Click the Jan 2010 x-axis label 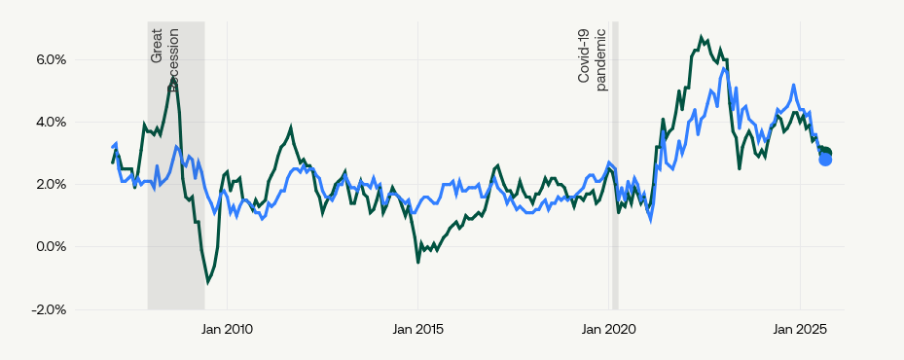click(x=226, y=330)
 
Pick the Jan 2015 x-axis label click(x=417, y=330)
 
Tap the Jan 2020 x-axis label click(x=609, y=330)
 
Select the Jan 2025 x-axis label click(x=800, y=330)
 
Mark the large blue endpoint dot click(x=825, y=159)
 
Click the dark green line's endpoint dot click(x=827, y=153)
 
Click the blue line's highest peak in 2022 click(x=724, y=68)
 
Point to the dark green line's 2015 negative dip click(x=418, y=262)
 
